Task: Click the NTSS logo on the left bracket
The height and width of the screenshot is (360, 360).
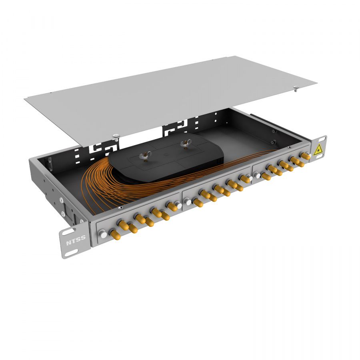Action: click(76, 240)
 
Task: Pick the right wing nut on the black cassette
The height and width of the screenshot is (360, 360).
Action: click(186, 144)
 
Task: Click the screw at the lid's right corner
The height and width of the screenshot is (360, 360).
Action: click(296, 88)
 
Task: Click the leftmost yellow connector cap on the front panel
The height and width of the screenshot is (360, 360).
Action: click(115, 234)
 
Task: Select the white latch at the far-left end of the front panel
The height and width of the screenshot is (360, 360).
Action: click(102, 234)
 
